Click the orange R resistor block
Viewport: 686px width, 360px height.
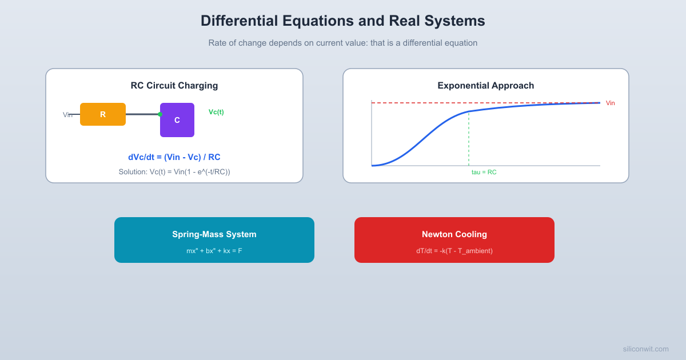103,114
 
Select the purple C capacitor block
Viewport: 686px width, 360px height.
177,120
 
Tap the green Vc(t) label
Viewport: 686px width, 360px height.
216,112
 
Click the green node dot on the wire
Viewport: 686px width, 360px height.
160,114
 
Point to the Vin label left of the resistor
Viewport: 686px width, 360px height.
67,115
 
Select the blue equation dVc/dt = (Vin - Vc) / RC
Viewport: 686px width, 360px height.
174,157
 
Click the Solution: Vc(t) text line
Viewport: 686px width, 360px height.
174,171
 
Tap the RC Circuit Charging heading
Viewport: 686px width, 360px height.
174,86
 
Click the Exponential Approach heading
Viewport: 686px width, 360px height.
486,86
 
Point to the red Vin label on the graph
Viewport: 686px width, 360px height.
610,103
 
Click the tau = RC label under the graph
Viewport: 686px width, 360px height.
484,172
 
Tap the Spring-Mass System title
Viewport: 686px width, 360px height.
214,234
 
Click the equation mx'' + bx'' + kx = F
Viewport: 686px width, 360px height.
214,251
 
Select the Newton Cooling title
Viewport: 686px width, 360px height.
454,234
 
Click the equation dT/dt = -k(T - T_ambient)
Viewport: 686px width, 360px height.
454,251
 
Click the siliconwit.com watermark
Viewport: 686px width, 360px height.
645,349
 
